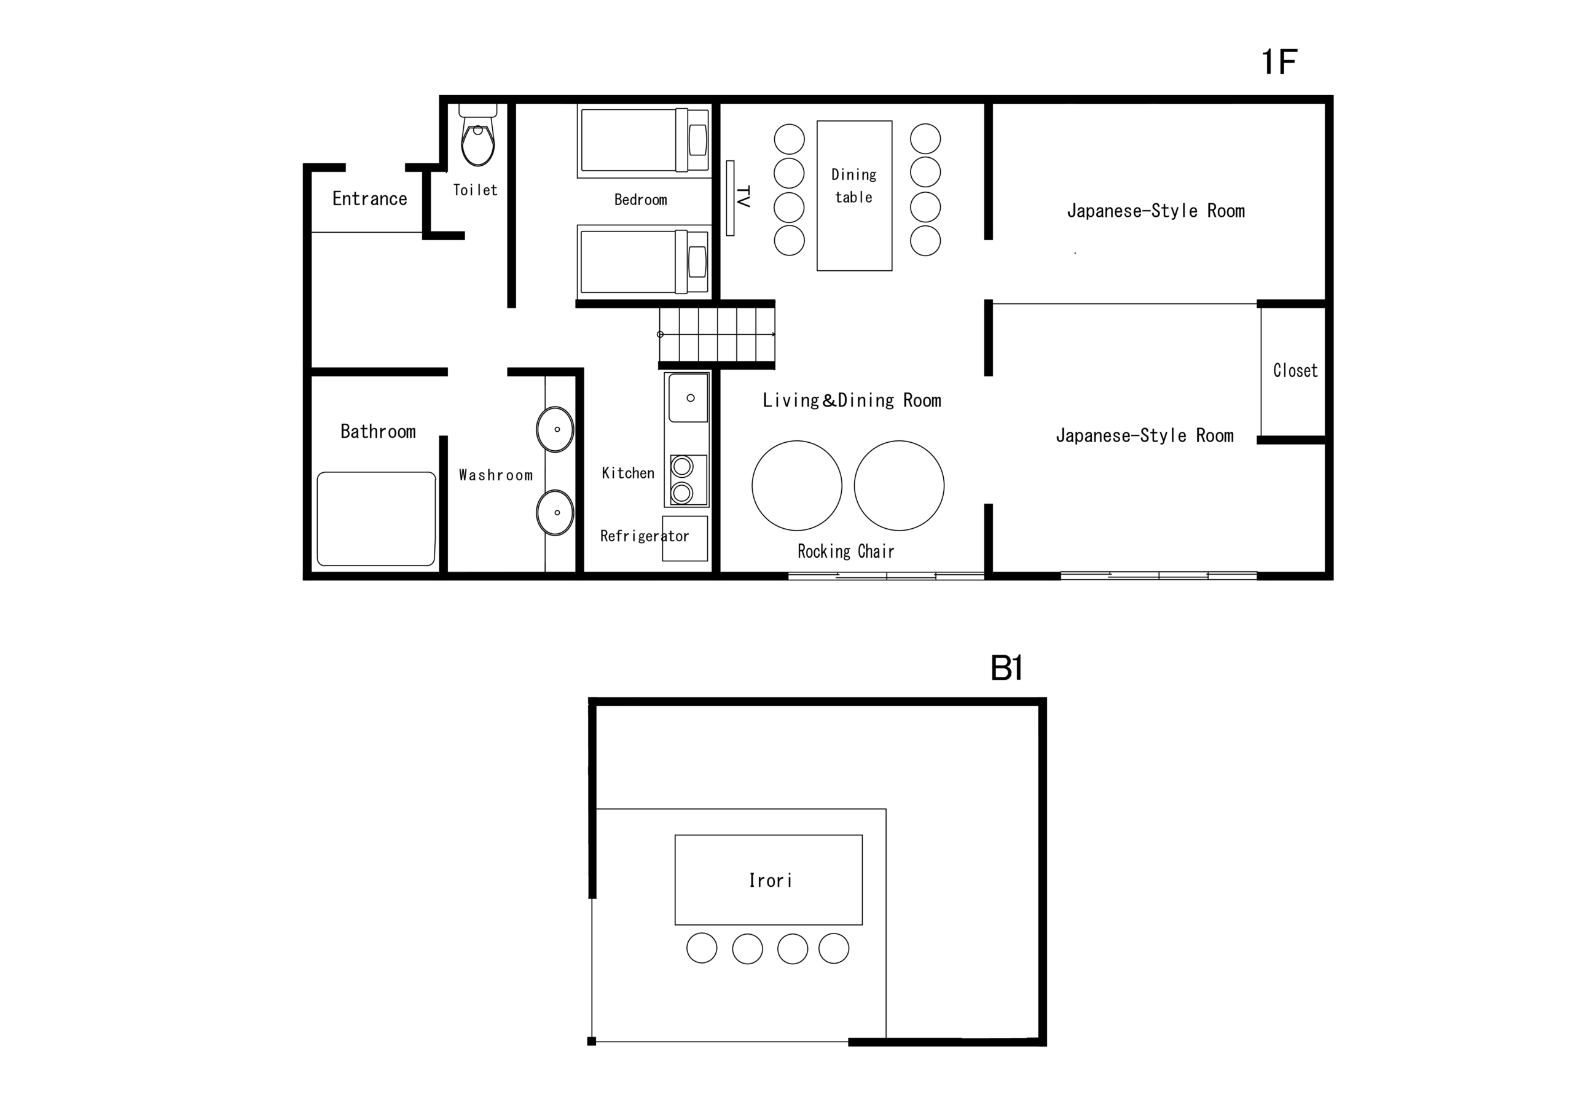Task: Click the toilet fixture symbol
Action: (477, 135)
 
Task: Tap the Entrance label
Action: (369, 198)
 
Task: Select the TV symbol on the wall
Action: (731, 198)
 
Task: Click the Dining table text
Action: (853, 185)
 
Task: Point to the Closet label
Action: (1295, 370)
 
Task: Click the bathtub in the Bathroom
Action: (376, 518)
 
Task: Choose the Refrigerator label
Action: (644, 536)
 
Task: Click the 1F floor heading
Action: (1279, 61)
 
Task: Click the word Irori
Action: (770, 880)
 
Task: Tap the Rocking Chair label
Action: (845, 552)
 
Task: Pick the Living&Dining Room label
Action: (852, 400)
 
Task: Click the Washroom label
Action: (495, 475)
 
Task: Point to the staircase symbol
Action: (716, 335)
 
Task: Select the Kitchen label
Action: (627, 473)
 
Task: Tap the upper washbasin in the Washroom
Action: (555, 429)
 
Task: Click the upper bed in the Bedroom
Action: (644, 140)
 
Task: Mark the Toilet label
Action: (475, 190)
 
